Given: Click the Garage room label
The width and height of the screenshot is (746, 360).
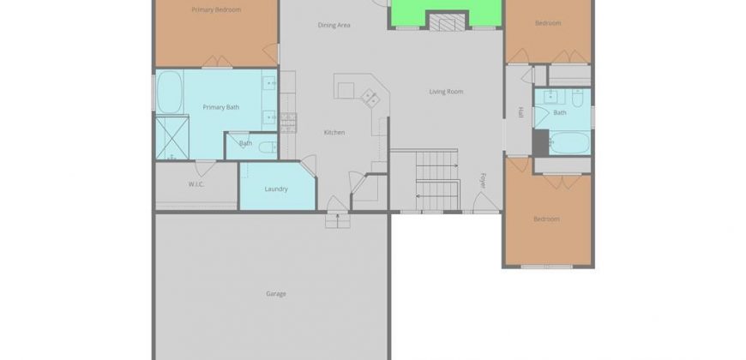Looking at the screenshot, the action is (276, 294).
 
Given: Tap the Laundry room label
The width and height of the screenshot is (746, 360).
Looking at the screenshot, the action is (276, 189).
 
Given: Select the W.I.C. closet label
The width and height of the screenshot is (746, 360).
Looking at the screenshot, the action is (196, 184).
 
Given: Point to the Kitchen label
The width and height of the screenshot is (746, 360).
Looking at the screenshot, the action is (334, 133).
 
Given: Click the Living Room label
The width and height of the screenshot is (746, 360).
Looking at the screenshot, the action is (446, 92).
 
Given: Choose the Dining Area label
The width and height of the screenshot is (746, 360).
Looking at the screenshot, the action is (334, 25).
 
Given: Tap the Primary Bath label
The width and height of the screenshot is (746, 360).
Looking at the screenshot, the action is (220, 107).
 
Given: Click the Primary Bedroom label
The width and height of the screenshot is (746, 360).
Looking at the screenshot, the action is (216, 9).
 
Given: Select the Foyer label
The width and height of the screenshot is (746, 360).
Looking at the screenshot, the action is (483, 181).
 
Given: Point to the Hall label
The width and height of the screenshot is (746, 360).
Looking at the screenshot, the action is (520, 112).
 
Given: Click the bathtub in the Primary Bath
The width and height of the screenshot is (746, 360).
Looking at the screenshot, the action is (170, 93).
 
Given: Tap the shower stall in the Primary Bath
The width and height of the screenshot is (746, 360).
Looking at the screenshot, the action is (172, 137).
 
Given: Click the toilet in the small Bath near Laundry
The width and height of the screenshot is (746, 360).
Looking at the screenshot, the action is (268, 147).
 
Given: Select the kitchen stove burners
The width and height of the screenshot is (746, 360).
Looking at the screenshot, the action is (288, 123).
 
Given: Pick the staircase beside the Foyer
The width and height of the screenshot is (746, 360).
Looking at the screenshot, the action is (437, 180).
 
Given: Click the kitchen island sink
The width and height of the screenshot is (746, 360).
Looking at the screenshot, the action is (370, 99).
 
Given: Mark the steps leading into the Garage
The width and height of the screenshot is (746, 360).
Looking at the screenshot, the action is (338, 220).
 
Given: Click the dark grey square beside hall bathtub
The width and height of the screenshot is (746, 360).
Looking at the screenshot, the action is (540, 142).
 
